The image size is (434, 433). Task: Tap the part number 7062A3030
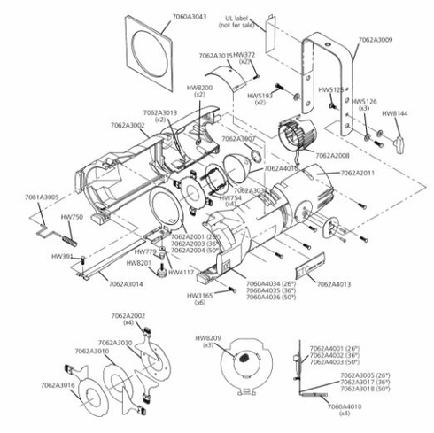[115, 343]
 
